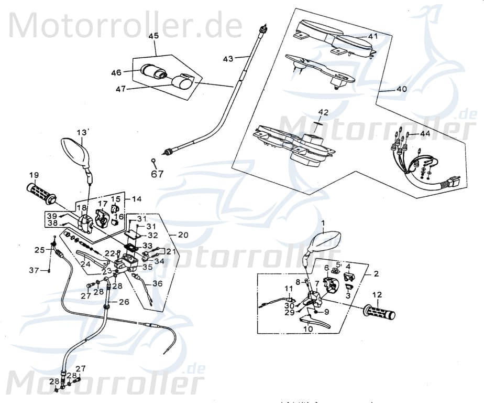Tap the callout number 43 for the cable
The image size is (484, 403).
[x=228, y=59]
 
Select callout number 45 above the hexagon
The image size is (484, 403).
[x=153, y=36]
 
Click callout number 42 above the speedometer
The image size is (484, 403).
[x=323, y=112]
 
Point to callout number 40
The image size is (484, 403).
[x=401, y=89]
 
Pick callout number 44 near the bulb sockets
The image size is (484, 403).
[x=424, y=134]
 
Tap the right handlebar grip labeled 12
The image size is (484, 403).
[x=380, y=314]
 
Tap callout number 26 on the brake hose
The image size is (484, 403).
[x=124, y=302]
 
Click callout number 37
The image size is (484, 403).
[x=34, y=270]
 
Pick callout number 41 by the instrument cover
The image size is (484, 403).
[x=372, y=37]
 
